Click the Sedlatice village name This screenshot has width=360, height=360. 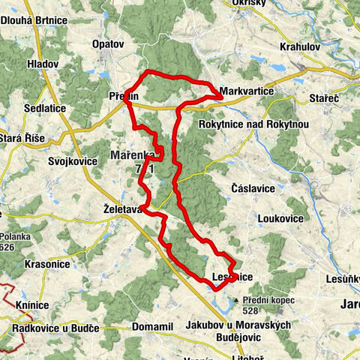[43, 109]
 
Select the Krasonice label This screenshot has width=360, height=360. [47, 265]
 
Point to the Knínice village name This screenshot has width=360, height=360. [31, 305]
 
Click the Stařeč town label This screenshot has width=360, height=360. [325, 99]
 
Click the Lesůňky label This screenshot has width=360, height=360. [344, 279]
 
